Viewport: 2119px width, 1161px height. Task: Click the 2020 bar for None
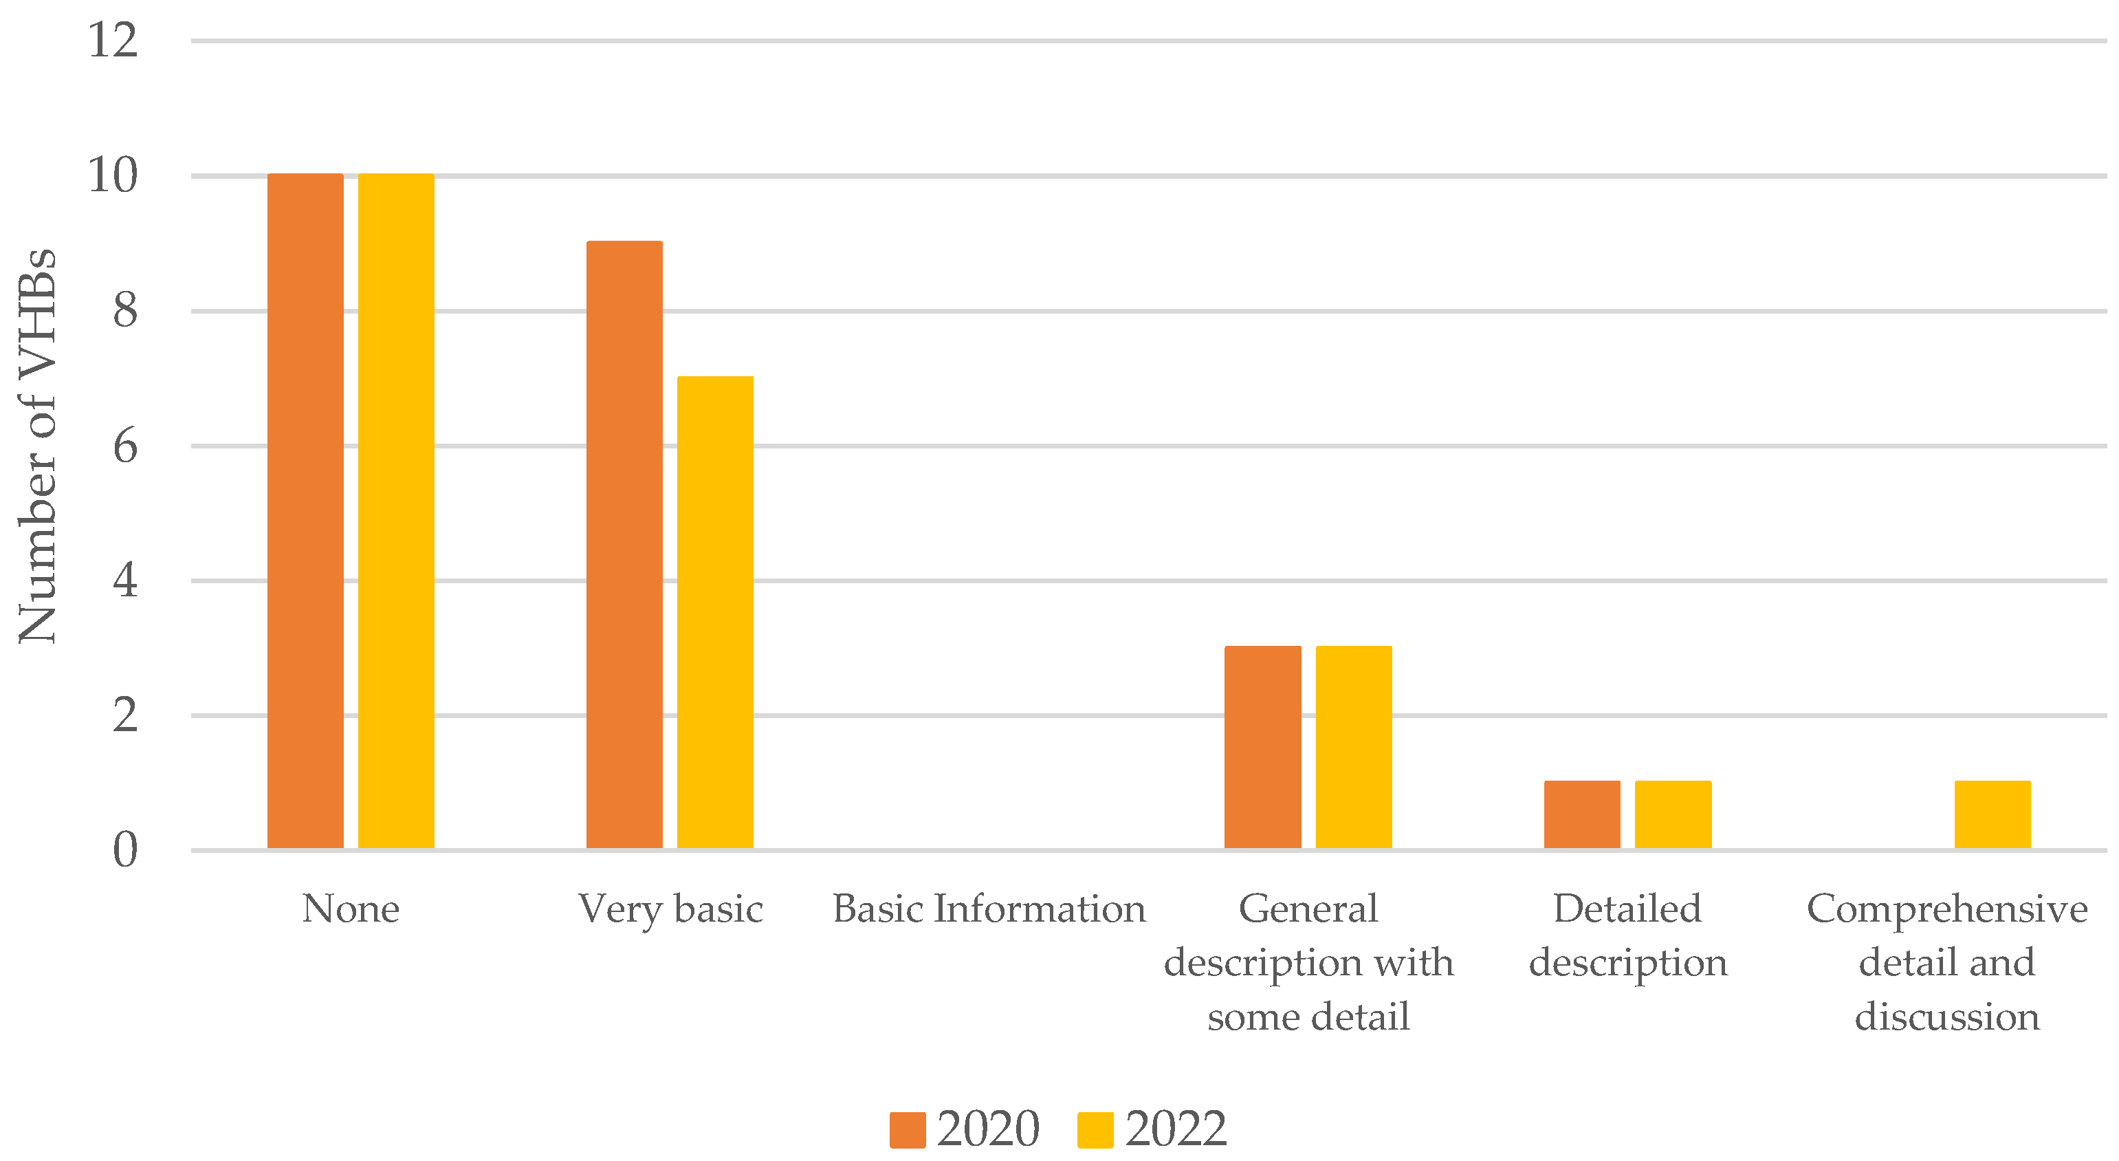pos(305,511)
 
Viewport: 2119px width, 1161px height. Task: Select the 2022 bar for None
pos(395,511)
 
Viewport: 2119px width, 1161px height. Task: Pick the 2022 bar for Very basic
pos(715,612)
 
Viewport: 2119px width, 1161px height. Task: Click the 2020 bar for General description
pos(1263,747)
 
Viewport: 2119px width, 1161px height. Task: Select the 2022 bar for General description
pos(1354,747)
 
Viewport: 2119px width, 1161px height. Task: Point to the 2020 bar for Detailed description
pos(1582,814)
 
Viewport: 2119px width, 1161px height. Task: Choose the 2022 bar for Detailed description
pos(1673,814)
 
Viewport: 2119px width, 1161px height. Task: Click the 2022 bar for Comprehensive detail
pos(1992,814)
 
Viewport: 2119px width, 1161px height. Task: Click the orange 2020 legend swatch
pos(908,1130)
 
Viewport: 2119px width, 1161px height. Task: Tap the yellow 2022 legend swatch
pos(1095,1130)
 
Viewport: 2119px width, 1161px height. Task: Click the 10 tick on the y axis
pos(113,175)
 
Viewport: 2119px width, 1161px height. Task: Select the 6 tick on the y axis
pos(125,446)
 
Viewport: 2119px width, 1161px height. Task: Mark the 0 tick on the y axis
pos(125,850)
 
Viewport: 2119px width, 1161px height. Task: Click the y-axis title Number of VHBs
pos(37,445)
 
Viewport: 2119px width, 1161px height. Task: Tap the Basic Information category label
pos(989,909)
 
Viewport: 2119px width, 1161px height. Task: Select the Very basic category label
pos(670,909)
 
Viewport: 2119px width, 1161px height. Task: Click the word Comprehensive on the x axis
pos(1947,909)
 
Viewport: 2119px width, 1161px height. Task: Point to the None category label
pos(351,909)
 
